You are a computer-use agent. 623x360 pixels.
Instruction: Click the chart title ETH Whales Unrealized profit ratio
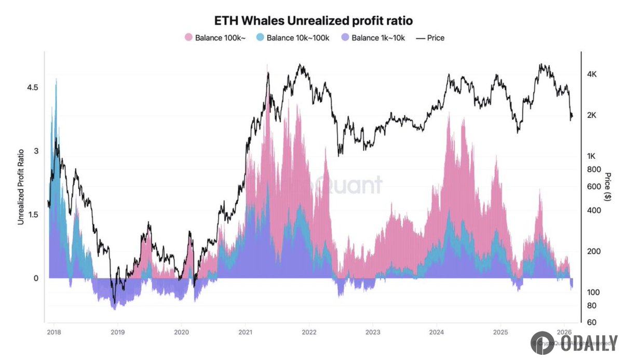314,20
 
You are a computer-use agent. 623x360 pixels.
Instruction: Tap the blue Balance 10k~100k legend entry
294,38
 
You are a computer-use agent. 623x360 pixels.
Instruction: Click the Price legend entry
430,38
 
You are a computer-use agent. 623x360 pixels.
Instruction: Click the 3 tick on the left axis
36,151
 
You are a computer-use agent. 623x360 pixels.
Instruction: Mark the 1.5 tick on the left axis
32,215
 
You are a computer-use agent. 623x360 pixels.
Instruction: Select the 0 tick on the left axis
36,278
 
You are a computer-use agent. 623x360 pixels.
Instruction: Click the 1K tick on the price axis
591,156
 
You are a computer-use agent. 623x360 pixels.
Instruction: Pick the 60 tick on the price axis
591,322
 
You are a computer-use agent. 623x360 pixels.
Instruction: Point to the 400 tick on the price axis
593,210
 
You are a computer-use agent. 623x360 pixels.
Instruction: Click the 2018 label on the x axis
54,332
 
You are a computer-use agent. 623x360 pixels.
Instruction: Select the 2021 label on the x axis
245,332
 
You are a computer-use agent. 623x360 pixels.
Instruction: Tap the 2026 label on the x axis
564,332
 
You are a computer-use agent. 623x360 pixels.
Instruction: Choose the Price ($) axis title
608,186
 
